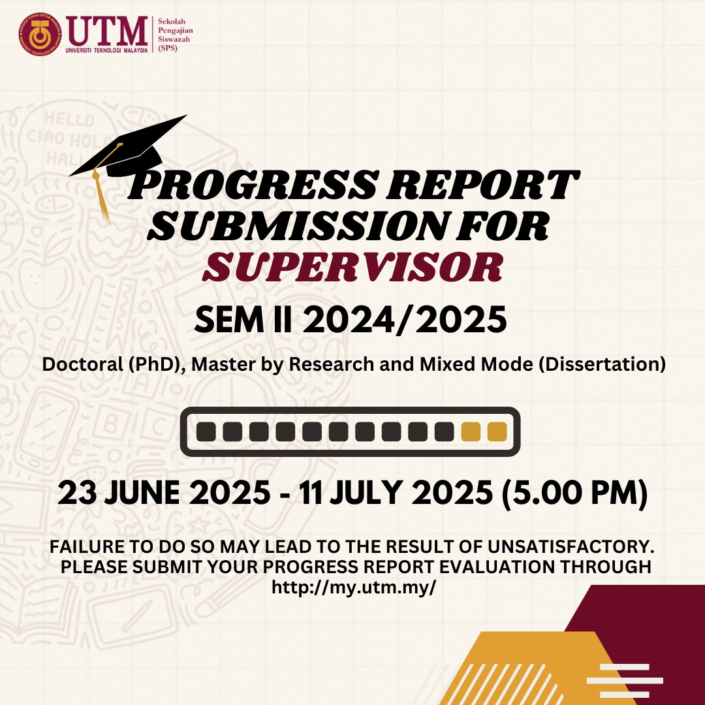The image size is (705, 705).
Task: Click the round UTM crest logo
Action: [x=40, y=34]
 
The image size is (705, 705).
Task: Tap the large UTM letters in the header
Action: [x=107, y=31]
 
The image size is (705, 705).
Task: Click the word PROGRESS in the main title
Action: [x=252, y=184]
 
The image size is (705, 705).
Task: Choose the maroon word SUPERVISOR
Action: [x=352, y=267]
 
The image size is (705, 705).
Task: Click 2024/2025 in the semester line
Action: [x=404, y=320]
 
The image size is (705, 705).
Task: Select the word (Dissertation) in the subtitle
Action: [x=602, y=364]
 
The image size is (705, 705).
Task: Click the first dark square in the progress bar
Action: [x=206, y=431]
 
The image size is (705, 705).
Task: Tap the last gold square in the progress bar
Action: [x=497, y=431]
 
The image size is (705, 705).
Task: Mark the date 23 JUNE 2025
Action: [x=164, y=493]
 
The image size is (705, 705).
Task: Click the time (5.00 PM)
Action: [x=574, y=493]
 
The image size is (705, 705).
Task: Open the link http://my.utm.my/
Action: [x=354, y=587]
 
